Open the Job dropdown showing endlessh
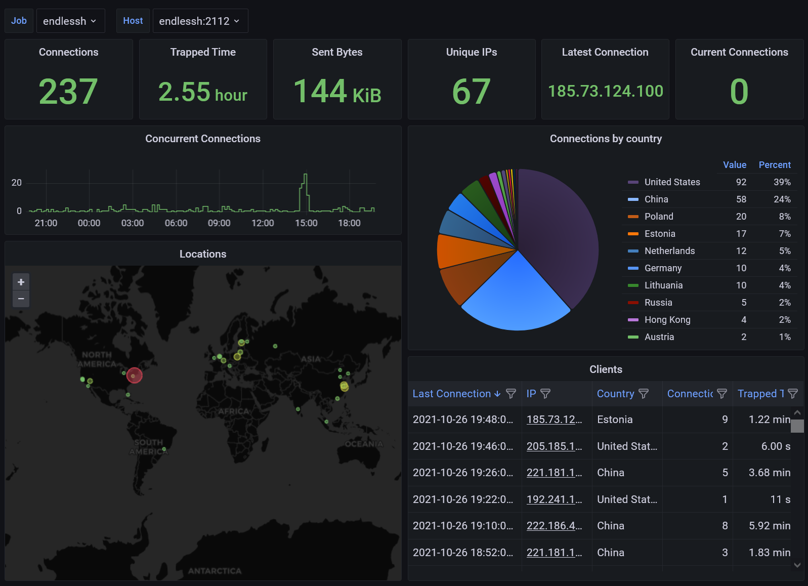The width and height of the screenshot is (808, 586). tap(70, 21)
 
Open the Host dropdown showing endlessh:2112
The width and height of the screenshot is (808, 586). tap(200, 21)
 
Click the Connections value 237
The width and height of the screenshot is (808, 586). tap(68, 92)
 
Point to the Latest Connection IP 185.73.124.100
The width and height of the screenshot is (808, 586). tap(605, 91)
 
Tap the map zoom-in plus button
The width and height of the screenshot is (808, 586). tap(21, 282)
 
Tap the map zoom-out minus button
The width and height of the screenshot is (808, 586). tap(21, 299)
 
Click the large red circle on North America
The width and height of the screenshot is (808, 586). tap(134, 375)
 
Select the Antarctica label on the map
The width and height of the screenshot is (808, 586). tap(215, 571)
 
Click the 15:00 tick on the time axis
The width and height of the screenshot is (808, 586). tap(306, 223)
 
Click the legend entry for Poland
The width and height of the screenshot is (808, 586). tap(658, 217)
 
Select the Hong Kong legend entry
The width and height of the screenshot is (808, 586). tap(667, 320)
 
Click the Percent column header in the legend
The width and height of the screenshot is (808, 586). tap(774, 165)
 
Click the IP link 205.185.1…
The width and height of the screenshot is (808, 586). tap(554, 446)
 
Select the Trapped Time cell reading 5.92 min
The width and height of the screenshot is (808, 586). tap(769, 526)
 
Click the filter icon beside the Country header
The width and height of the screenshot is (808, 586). tap(644, 394)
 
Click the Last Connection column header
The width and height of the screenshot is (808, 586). tap(451, 394)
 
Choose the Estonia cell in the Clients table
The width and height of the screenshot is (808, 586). tap(615, 420)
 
